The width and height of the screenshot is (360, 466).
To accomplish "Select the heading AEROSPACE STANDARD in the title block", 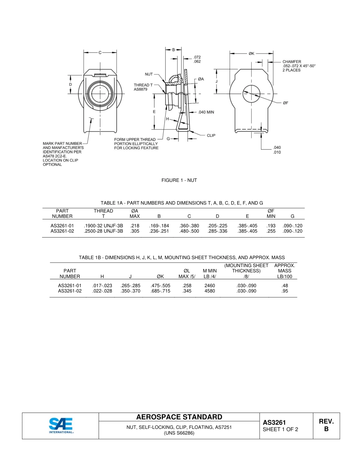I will pyautogui.click(x=179, y=417).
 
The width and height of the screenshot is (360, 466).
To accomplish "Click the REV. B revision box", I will pyautogui.click(x=326, y=425).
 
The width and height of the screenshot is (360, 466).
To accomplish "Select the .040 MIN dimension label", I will pyautogui.click(x=206, y=112).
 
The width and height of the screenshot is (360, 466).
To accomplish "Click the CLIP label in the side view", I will pyautogui.click(x=211, y=135).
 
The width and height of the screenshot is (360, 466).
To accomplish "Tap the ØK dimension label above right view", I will pyautogui.click(x=252, y=53).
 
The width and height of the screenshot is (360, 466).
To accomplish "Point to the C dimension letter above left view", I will pyautogui.click(x=100, y=53).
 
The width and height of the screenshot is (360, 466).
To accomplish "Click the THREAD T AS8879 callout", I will pyautogui.click(x=143, y=87).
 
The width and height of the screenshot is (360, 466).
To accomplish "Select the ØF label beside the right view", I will pyautogui.click(x=286, y=103).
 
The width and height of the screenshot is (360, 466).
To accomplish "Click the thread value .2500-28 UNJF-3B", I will pyautogui.click(x=103, y=231).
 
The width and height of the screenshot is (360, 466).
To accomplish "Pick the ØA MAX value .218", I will pyautogui.click(x=135, y=226).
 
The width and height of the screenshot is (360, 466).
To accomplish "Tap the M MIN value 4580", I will pyautogui.click(x=210, y=291).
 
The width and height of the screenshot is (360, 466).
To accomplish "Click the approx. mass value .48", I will pyautogui.click(x=285, y=286).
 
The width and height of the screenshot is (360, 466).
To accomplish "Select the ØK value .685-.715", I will pyautogui.click(x=160, y=291).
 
